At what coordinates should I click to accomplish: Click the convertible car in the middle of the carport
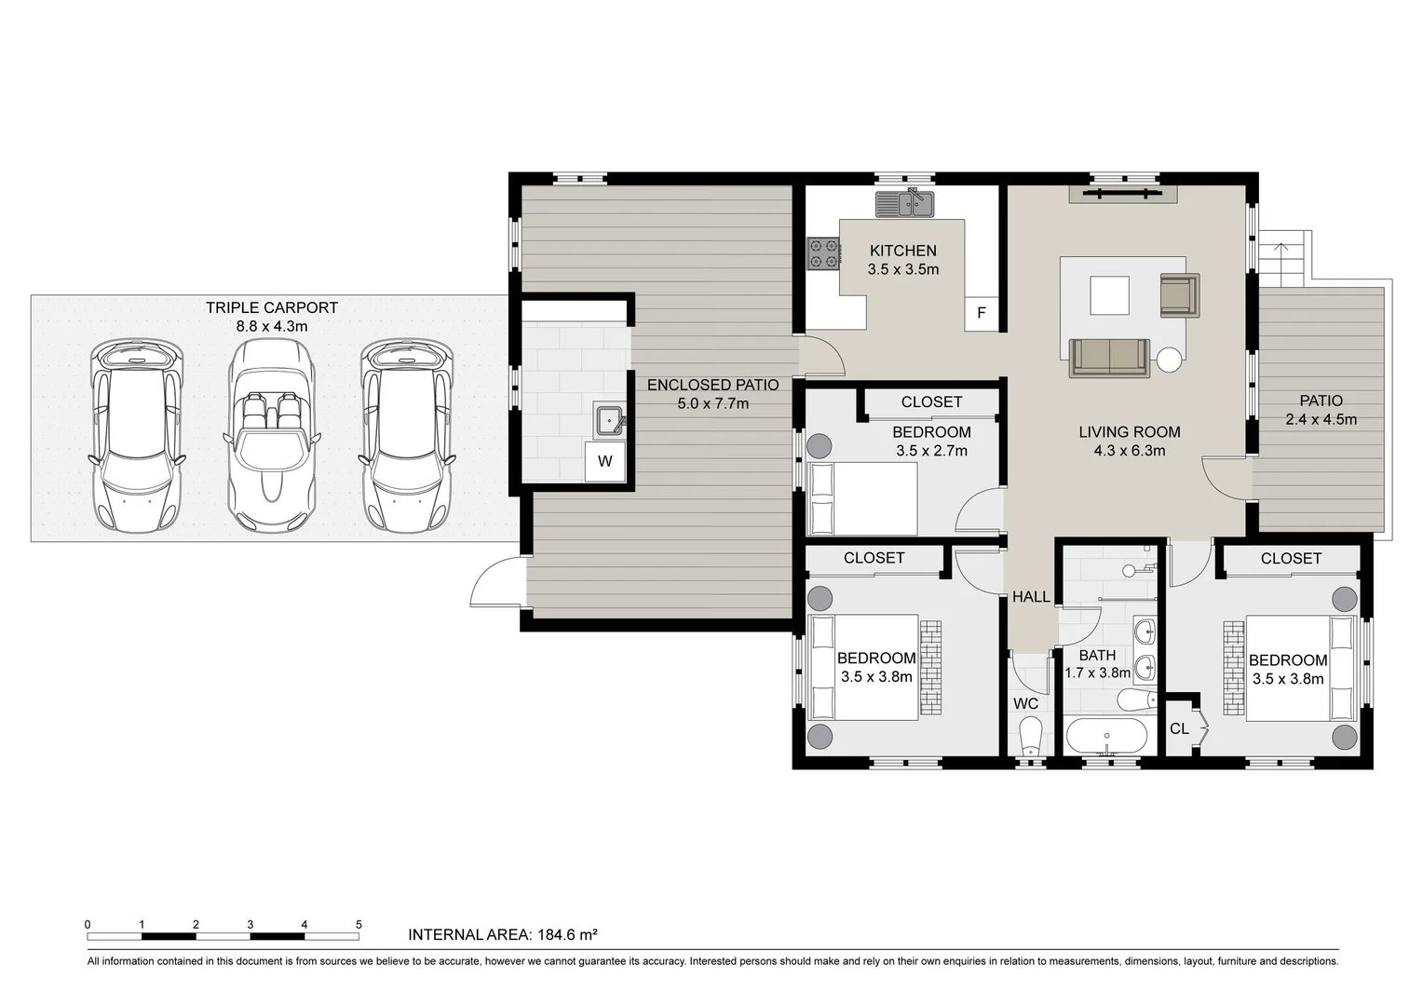tap(271, 434)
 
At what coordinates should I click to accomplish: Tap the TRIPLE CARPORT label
tap(272, 307)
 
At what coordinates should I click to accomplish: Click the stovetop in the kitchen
tap(823, 254)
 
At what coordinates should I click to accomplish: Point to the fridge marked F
tap(981, 313)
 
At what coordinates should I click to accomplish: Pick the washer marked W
tap(604, 461)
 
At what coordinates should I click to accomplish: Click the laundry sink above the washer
tap(610, 421)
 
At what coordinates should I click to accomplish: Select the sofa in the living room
tap(1108, 358)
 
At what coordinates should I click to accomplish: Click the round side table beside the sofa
tap(1169, 360)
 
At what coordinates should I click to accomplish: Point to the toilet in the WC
tap(1029, 736)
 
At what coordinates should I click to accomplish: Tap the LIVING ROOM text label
tap(1130, 432)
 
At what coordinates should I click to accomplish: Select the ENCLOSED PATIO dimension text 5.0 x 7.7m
tap(712, 403)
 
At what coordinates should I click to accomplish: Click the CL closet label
tap(1179, 728)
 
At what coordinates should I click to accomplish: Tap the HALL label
tap(1031, 597)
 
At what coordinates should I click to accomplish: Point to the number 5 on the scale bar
tap(359, 925)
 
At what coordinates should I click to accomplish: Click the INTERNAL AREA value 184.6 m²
tap(562, 934)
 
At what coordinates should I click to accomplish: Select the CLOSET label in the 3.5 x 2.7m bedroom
tap(931, 402)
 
